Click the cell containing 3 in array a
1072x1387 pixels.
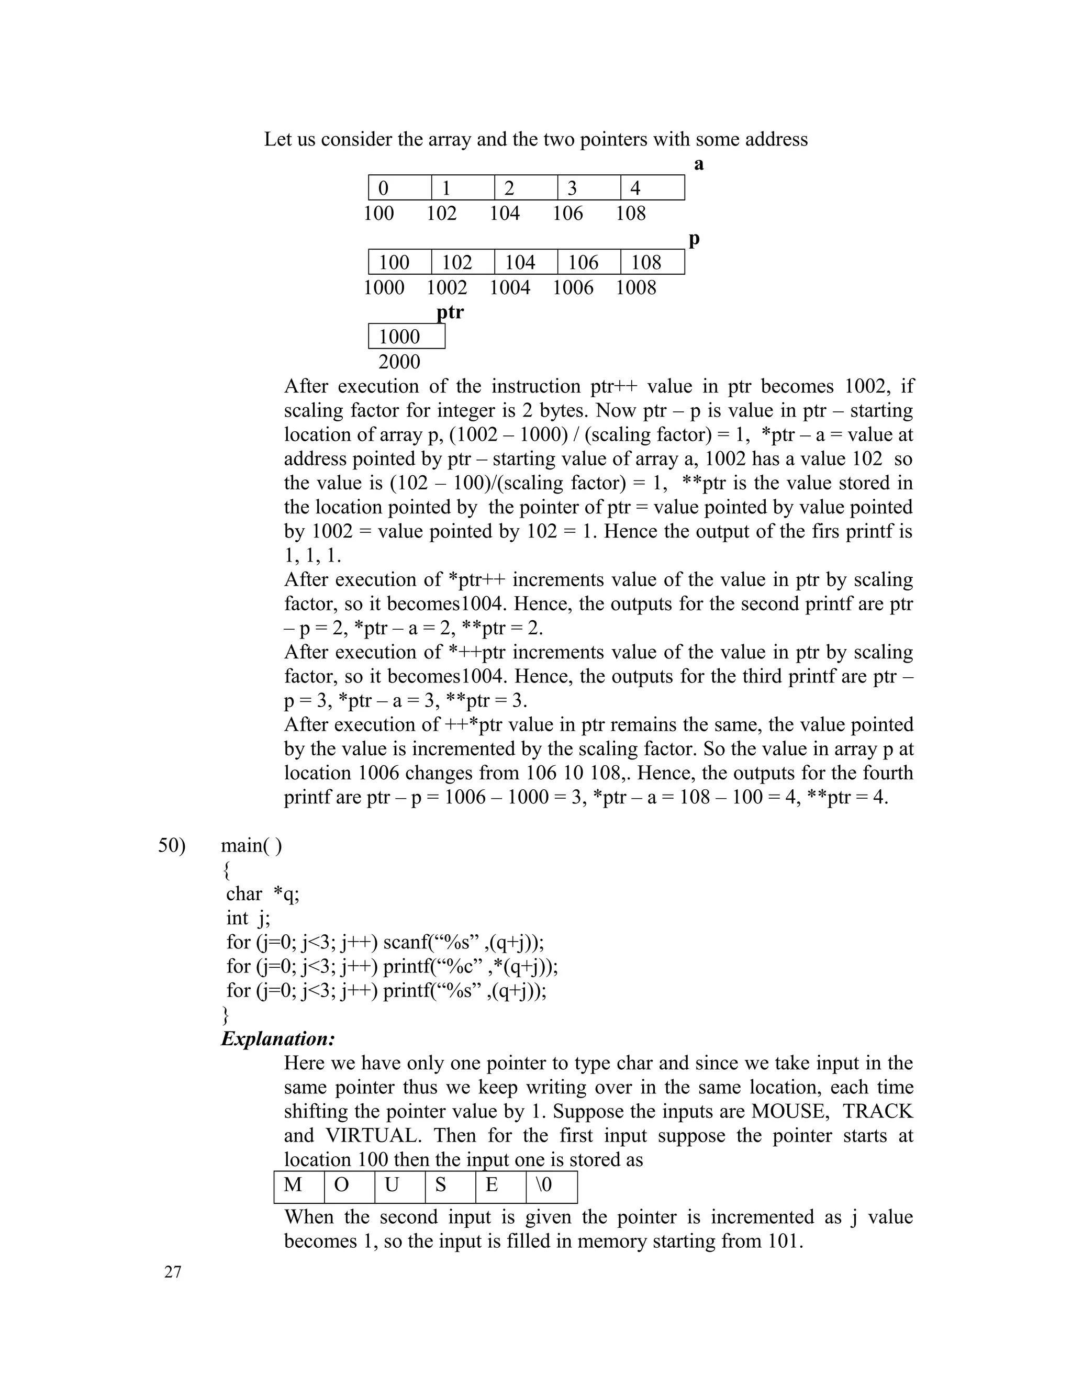coord(589,188)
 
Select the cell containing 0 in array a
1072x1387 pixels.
coord(400,188)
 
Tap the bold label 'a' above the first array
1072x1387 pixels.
coord(699,164)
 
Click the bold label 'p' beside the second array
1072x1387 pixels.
coord(694,239)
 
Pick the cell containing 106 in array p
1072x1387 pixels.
coord(589,262)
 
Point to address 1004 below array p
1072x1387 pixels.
coord(509,288)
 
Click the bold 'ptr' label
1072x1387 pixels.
coord(450,312)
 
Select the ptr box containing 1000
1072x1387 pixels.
coord(406,337)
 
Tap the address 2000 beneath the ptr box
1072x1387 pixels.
coord(399,362)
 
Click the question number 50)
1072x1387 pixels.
coord(172,845)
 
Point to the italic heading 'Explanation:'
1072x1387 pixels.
coord(277,1039)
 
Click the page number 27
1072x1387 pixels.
coord(173,1272)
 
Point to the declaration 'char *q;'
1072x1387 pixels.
coord(262,893)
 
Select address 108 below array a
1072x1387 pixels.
coord(630,214)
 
